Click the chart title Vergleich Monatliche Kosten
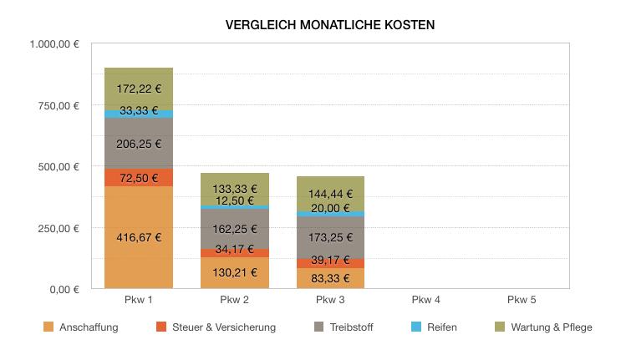point(329,25)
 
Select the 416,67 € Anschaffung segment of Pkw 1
point(139,237)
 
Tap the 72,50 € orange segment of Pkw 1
point(139,178)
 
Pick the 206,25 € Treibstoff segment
point(139,144)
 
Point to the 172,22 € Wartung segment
point(139,89)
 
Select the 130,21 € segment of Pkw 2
point(235,272)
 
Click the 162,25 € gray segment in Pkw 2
point(235,228)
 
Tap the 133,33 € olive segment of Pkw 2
point(235,189)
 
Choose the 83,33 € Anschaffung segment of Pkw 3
point(331,278)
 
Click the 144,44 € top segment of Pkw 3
point(331,194)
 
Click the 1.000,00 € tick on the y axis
point(55,44)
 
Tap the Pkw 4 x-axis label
point(427,299)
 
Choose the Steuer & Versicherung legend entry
point(216,327)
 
